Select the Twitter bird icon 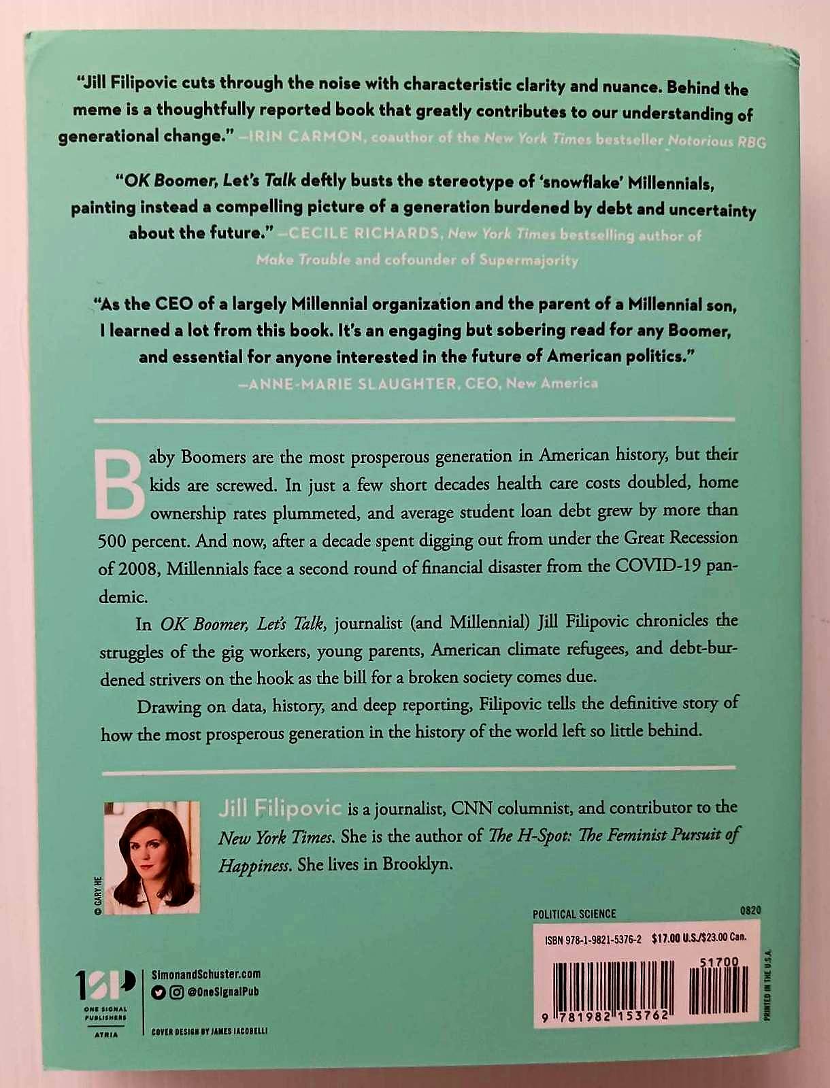(x=158, y=992)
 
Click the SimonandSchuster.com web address (x=205, y=974)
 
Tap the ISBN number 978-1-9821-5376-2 (x=593, y=939)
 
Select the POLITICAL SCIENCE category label (x=574, y=914)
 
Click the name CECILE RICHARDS (x=364, y=234)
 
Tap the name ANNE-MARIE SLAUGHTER (x=352, y=384)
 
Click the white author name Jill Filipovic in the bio (x=279, y=808)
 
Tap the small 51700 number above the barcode (x=718, y=962)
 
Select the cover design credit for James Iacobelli (x=210, y=1031)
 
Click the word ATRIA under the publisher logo (x=105, y=1034)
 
